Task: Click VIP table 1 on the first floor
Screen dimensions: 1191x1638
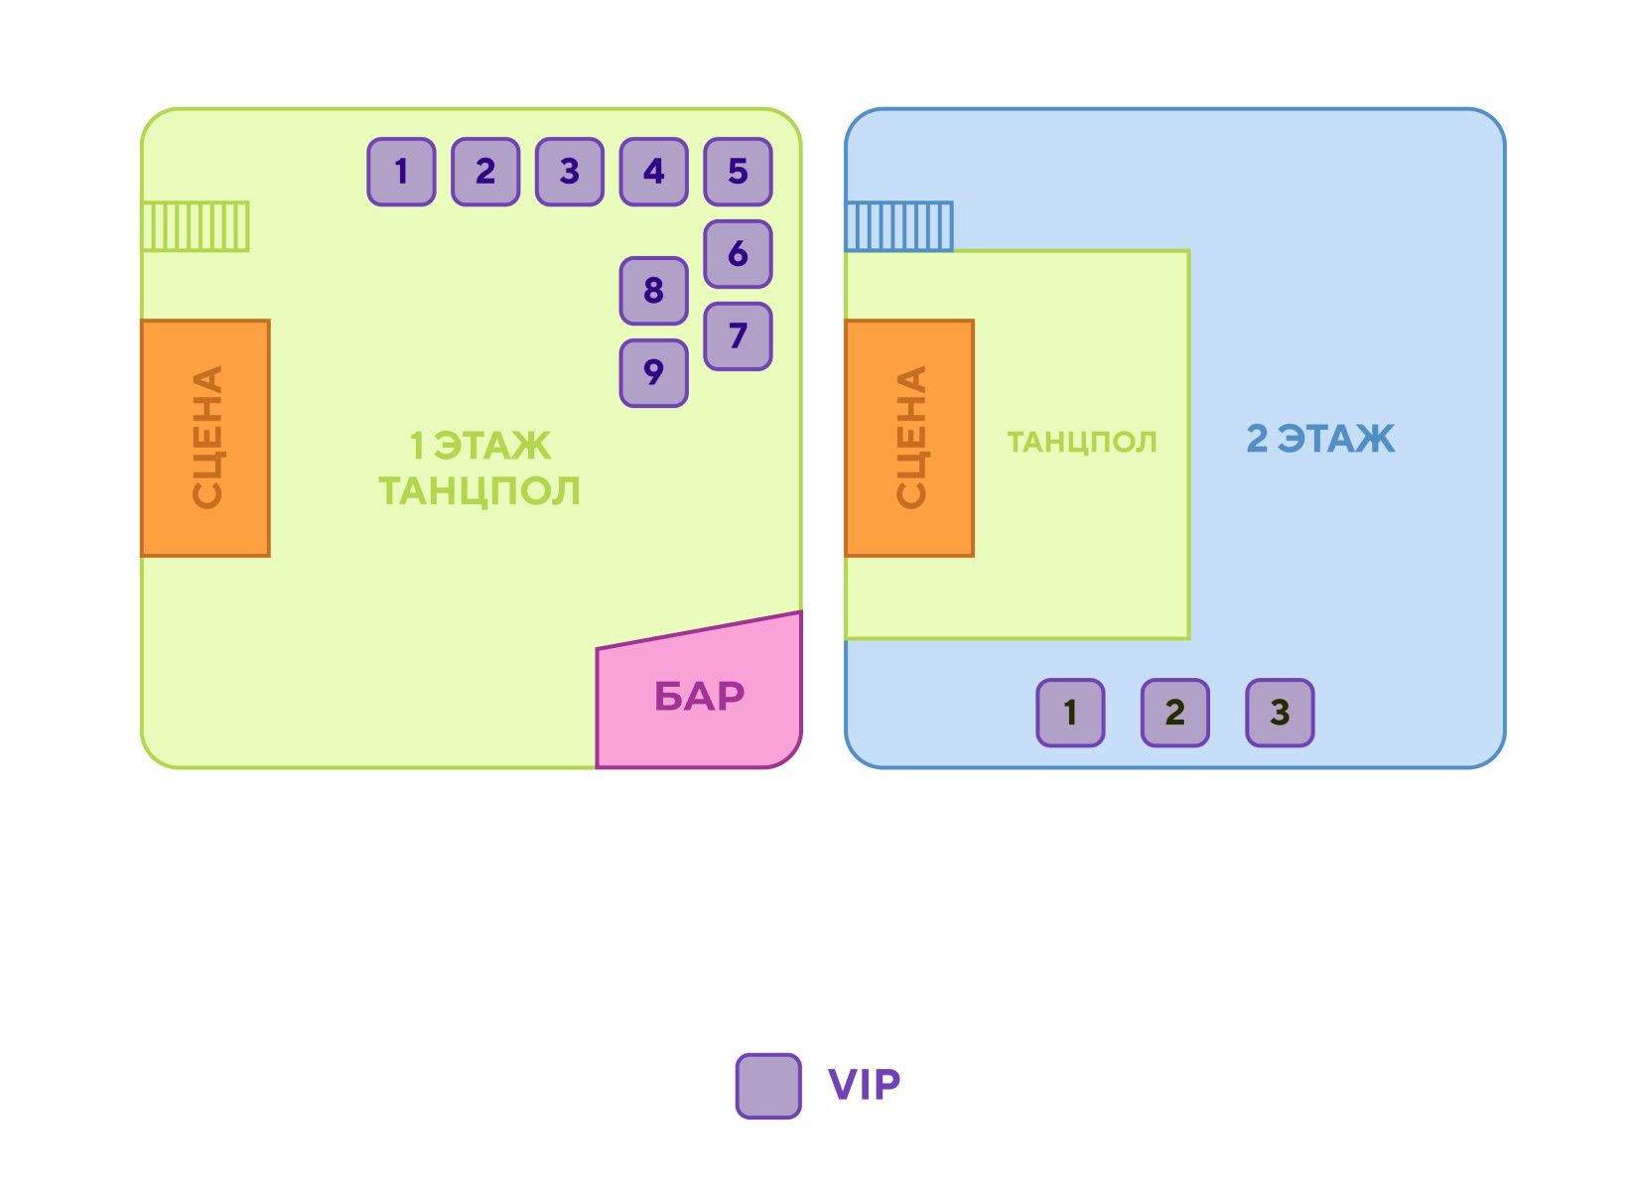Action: click(x=401, y=172)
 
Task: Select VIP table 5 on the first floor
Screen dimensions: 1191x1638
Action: click(x=738, y=172)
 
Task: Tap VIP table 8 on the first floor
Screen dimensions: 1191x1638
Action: click(x=653, y=291)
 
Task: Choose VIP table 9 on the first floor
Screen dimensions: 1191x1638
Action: click(x=653, y=373)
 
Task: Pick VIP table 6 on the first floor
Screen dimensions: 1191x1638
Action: click(x=738, y=254)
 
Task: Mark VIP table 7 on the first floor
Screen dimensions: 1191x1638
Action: click(x=738, y=336)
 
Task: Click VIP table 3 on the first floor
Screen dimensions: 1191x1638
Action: click(x=569, y=172)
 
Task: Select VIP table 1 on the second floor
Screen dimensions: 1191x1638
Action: click(x=1070, y=713)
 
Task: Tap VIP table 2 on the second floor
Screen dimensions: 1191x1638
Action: click(x=1174, y=713)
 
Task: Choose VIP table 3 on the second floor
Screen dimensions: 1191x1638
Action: click(x=1280, y=713)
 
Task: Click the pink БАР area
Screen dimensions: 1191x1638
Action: click(x=699, y=697)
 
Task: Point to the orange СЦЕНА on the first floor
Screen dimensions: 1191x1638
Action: click(x=205, y=438)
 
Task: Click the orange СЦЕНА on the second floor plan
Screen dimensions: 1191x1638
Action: click(x=909, y=438)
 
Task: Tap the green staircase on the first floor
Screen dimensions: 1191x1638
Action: click(x=196, y=226)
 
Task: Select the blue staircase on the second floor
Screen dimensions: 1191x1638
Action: click(x=899, y=226)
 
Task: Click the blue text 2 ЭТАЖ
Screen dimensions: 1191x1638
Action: click(x=1320, y=439)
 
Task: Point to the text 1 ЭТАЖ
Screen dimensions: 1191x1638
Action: click(x=480, y=447)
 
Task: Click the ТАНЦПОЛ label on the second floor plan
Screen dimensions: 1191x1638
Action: click(x=1082, y=442)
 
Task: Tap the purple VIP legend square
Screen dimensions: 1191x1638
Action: click(x=768, y=1086)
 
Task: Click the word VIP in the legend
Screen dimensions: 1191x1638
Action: click(x=864, y=1085)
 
